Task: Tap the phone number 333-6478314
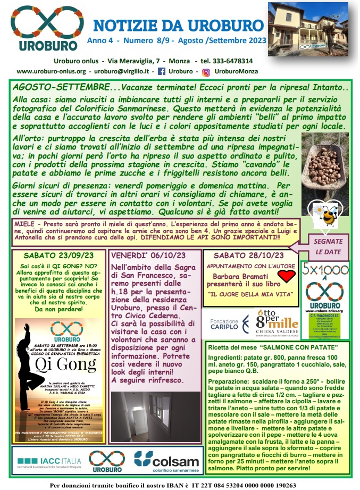point(228,61)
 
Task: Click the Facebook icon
point(162,71)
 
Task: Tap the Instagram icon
point(206,72)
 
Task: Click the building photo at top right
point(307,29)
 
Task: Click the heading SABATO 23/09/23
point(58,255)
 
